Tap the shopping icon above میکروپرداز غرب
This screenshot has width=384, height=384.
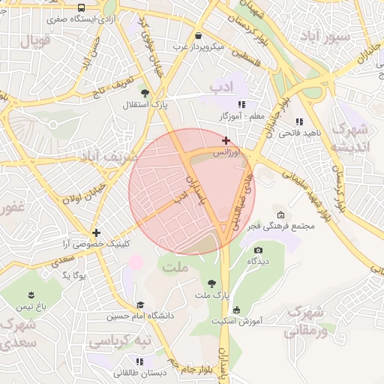(x=198, y=35)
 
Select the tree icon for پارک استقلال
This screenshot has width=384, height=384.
(x=144, y=93)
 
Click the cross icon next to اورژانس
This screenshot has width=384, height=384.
(x=226, y=140)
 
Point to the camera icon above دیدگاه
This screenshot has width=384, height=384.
(x=259, y=250)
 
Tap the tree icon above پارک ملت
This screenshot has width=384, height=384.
(x=212, y=283)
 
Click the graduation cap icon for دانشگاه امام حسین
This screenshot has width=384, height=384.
(x=140, y=304)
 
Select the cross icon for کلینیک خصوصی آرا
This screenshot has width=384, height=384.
(x=96, y=232)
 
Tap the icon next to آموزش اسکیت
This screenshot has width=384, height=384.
(x=237, y=310)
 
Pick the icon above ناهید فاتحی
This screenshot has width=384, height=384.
(x=299, y=121)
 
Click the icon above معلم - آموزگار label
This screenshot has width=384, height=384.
(x=241, y=104)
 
